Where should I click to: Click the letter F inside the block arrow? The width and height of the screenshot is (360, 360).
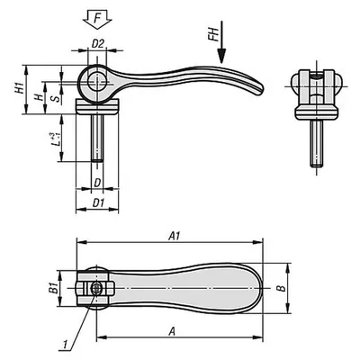97,19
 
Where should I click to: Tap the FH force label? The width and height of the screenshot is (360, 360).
213,34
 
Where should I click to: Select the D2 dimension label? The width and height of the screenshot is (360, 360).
97,44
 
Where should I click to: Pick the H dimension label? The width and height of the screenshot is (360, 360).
38,97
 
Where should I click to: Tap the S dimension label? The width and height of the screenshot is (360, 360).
56,98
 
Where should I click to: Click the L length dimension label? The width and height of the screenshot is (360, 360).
54,139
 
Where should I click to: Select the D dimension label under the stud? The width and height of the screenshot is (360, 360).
97,183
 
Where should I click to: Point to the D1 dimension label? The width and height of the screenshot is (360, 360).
98,203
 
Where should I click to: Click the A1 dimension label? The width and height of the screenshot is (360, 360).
174,236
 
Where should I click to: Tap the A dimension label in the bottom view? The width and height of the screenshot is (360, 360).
172,331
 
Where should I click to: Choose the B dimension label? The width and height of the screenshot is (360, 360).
281,288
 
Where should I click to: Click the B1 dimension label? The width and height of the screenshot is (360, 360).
53,289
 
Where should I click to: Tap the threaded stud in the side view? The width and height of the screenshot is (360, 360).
97,139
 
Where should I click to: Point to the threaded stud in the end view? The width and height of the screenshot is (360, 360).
317,143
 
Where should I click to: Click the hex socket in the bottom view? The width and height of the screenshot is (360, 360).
96,289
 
